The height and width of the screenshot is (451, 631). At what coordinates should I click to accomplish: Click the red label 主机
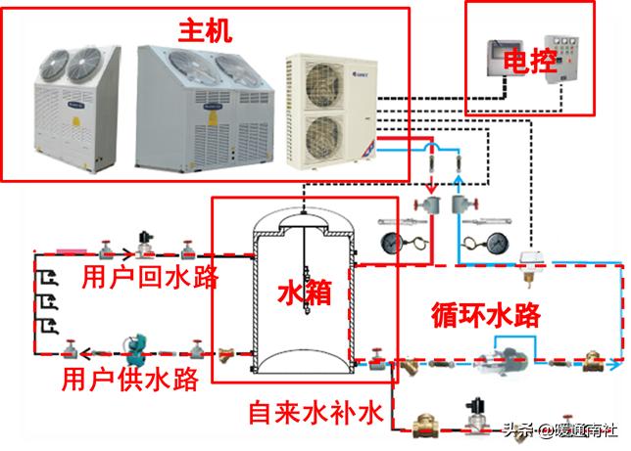click(204, 30)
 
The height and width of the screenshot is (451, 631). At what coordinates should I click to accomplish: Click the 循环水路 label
click(484, 314)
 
